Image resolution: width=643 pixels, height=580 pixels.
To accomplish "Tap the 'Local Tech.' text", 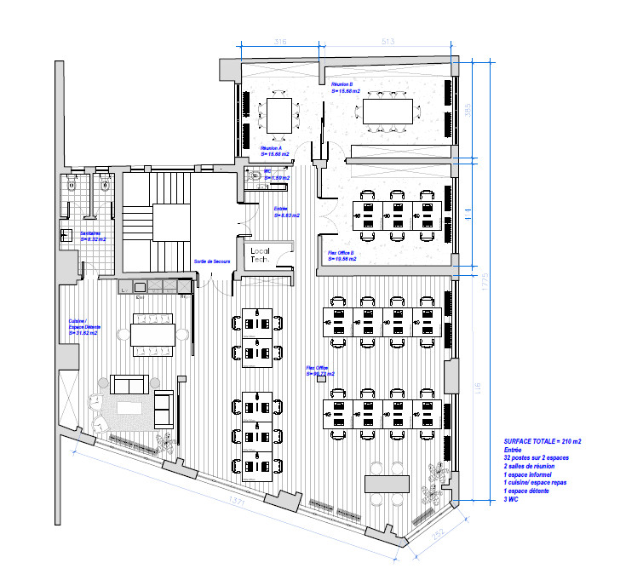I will [x=260, y=256].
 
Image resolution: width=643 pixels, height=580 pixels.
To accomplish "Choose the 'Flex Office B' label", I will [x=341, y=256].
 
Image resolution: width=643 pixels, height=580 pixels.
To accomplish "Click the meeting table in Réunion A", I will [x=278, y=116].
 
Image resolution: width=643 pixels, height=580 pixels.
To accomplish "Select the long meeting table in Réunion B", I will [x=388, y=111].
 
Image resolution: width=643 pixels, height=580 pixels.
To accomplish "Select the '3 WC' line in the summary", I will [x=510, y=500].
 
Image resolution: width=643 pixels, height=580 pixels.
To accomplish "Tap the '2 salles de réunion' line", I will [x=533, y=467].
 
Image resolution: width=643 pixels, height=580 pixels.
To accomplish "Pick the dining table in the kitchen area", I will [x=152, y=334].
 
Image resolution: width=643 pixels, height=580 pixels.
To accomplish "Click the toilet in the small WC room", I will [x=256, y=175].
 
